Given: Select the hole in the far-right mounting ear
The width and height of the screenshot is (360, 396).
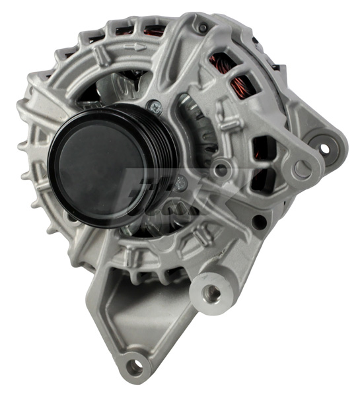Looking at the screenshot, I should click(324, 148).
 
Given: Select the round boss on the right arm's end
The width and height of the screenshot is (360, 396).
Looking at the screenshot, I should click(301, 169).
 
